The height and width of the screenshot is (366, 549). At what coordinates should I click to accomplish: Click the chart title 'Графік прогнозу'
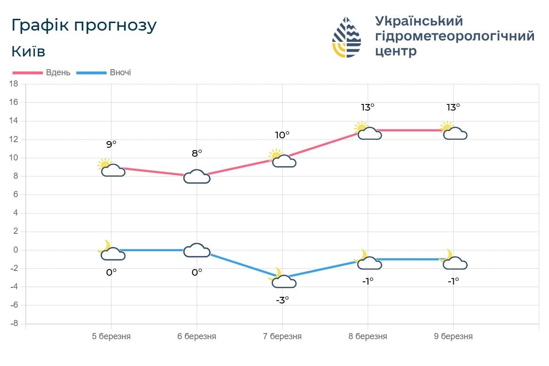point(84,26)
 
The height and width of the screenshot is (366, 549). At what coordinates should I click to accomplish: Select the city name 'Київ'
point(28,51)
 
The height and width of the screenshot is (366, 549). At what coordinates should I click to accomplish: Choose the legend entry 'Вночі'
point(120,73)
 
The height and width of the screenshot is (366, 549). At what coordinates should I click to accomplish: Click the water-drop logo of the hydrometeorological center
point(346,38)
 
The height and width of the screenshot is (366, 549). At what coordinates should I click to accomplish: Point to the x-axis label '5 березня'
point(111,336)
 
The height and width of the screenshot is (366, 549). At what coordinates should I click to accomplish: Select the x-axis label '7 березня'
point(282,336)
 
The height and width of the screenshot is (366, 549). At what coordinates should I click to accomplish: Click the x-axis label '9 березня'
point(453,336)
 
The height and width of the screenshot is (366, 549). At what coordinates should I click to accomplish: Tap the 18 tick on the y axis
point(14,84)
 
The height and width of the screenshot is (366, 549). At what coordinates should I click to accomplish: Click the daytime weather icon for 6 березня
point(196,176)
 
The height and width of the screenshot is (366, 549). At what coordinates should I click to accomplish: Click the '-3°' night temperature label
point(282,299)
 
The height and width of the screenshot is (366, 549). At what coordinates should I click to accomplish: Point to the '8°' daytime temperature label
point(196,153)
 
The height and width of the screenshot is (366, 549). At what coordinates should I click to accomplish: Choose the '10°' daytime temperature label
point(282,135)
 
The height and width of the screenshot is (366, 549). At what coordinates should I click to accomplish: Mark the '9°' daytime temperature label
point(111,144)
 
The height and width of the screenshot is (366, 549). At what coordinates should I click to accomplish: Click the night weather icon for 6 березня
point(196,250)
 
